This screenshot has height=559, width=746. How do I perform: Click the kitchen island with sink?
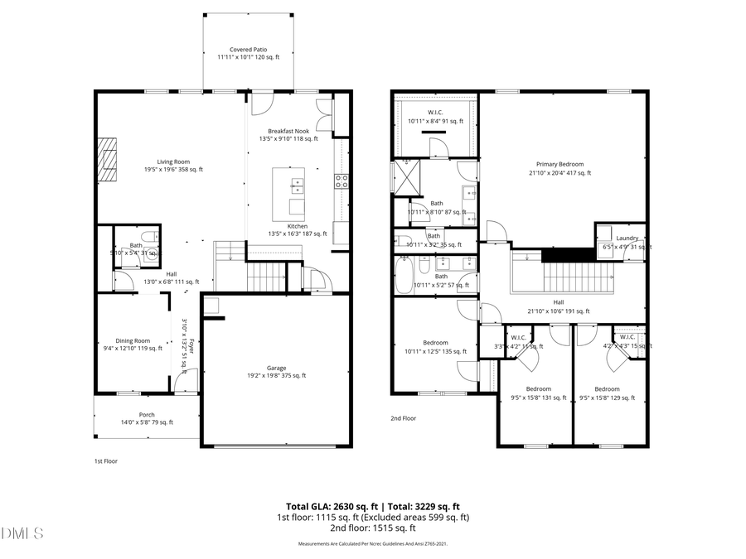pyautogui.click(x=289, y=190)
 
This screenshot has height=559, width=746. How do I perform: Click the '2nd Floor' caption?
pyautogui.click(x=404, y=419)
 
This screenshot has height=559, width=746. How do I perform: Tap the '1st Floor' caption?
pyautogui.click(x=105, y=461)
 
